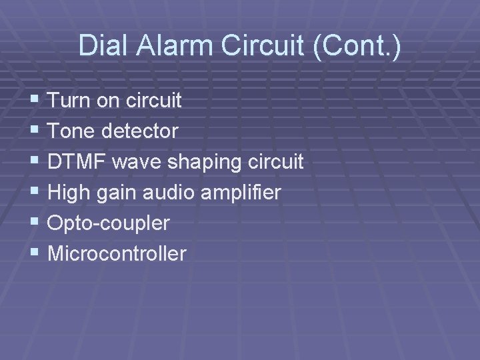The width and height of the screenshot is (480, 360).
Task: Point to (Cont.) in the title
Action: point(357,45)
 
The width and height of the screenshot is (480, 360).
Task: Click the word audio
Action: point(176,193)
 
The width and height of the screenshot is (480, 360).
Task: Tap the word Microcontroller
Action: point(117,253)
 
